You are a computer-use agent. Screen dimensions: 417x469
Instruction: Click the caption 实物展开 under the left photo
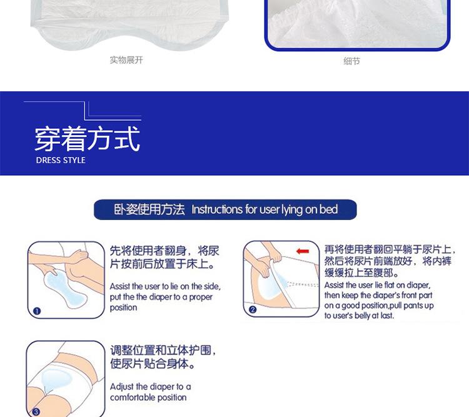[126, 60]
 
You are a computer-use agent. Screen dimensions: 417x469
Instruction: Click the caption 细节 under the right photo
[351, 61]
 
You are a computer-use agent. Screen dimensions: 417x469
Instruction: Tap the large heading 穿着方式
[87, 138]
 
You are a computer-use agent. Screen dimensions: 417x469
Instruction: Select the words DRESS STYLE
[61, 160]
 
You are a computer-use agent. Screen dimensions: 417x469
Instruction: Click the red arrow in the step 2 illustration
[303, 251]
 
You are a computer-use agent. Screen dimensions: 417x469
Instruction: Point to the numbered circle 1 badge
[36, 310]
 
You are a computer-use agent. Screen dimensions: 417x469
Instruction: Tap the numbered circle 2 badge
[253, 309]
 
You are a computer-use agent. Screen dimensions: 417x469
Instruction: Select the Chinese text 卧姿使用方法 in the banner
[149, 209]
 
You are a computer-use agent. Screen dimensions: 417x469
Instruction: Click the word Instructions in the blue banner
[216, 209]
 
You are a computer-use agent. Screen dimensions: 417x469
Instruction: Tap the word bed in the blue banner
[328, 209]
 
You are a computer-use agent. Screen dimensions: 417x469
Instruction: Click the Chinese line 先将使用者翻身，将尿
[164, 251]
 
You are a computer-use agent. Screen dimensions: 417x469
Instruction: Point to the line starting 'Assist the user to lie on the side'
[165, 286]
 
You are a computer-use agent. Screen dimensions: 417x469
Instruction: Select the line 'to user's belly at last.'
[359, 316]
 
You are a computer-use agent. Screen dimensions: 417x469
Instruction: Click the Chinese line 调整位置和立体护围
[163, 350]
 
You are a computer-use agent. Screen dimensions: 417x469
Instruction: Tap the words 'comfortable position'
[148, 397]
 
